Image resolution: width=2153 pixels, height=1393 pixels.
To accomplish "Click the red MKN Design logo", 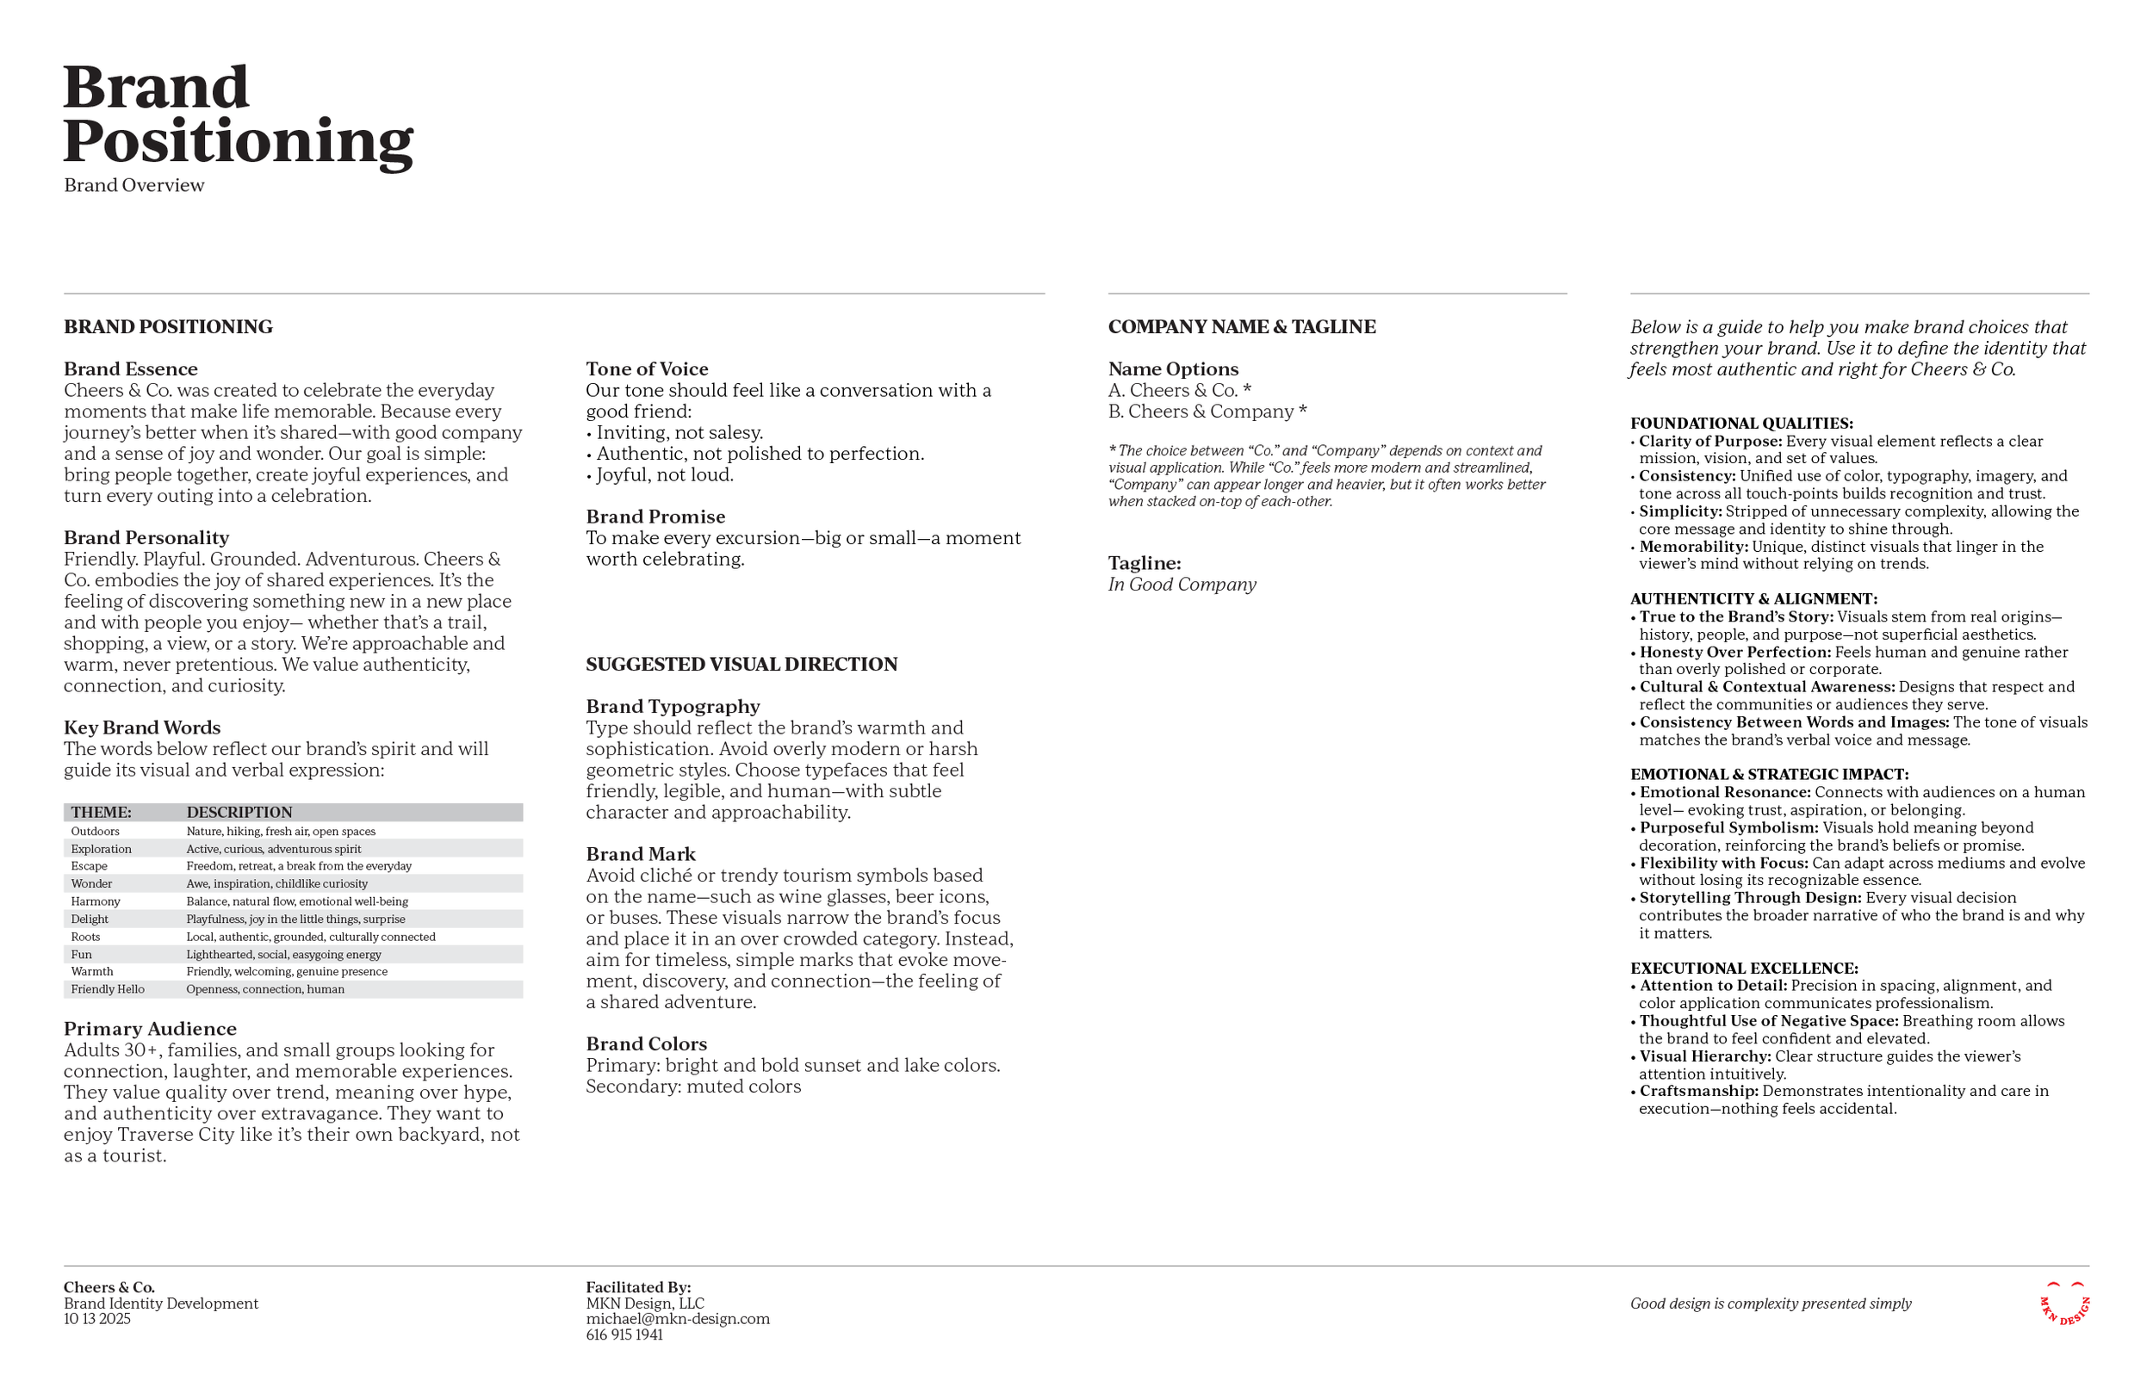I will coord(2064,1304).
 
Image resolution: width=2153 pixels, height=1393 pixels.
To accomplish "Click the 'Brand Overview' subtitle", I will coord(133,185).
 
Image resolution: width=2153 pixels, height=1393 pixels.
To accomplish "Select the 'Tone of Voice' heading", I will coord(647,369).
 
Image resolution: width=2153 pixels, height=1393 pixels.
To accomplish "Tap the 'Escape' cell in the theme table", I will coord(89,867).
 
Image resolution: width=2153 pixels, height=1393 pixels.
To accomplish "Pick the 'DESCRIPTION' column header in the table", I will coord(239,812).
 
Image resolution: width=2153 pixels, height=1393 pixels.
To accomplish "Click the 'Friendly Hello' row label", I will coord(108,989).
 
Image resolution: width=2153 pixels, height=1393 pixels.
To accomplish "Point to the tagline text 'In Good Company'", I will coord(1182,585).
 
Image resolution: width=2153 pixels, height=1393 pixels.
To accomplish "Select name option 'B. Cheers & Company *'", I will coord(1207,412).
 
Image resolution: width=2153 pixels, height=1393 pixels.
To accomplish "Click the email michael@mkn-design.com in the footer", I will coord(678,1320).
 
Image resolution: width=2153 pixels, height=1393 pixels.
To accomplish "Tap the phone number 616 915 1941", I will coord(624,1335).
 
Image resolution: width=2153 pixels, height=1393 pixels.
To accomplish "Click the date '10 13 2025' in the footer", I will coord(96,1320).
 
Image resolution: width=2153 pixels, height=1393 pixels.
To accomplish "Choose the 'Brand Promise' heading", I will coord(655,517).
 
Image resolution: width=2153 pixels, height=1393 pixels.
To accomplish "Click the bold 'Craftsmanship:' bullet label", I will coord(1699,1092).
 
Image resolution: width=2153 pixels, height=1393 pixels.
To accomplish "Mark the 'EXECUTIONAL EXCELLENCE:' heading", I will coord(1743,969).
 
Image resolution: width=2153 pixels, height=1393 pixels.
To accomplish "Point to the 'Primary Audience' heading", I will coord(150,1030).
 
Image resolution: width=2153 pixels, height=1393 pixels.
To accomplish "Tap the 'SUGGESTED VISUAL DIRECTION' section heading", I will coord(741,665).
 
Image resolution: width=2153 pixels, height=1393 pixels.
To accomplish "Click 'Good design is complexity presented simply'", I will coord(1771,1304).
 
